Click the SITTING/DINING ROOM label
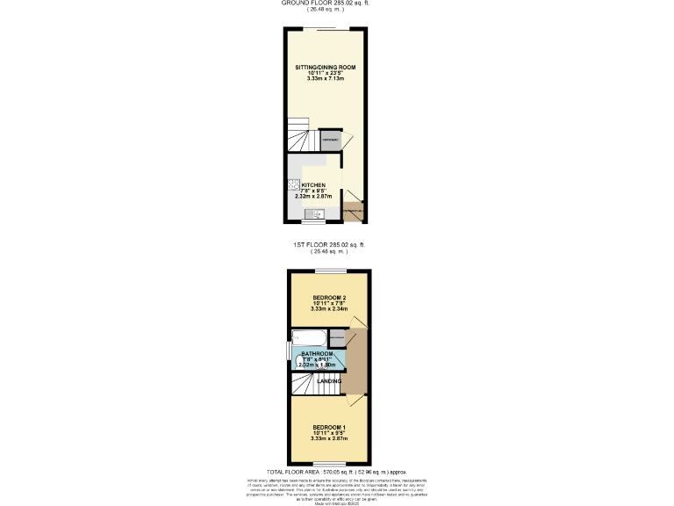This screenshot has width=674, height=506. click(x=325, y=67)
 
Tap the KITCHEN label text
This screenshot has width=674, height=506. click(x=314, y=185)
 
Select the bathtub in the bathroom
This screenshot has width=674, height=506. click(x=309, y=338)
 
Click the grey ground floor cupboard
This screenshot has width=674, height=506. click(x=330, y=141)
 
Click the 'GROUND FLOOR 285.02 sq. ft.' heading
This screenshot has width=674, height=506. click(x=324, y=3)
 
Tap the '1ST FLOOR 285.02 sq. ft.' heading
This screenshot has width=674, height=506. click(x=329, y=244)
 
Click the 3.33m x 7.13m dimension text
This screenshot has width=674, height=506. click(x=325, y=79)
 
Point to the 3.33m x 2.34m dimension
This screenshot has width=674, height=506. click(x=329, y=309)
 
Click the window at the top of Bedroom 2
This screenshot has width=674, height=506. click(x=329, y=271)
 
